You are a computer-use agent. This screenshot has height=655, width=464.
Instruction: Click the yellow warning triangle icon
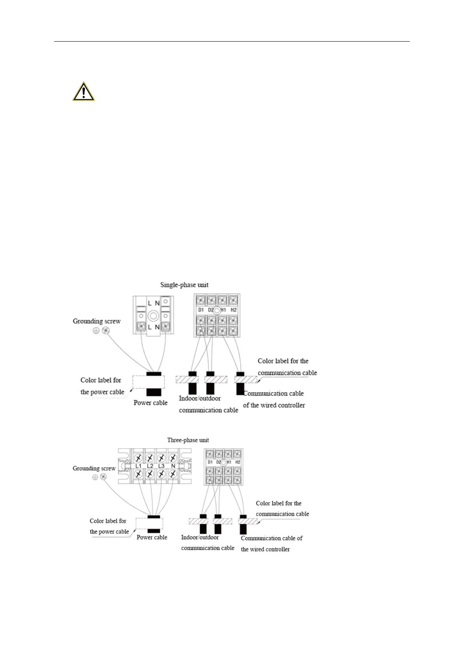click(83, 92)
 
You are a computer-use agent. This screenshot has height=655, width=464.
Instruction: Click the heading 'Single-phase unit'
click(184, 285)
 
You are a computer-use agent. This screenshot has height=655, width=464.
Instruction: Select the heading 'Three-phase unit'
click(188, 440)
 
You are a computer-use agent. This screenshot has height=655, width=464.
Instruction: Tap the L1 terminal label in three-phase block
click(138, 466)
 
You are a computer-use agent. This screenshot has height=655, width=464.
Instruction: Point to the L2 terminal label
click(150, 466)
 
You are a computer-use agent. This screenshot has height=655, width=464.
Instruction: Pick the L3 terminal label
click(161, 466)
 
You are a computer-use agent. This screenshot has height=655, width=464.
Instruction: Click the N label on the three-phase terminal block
click(173, 466)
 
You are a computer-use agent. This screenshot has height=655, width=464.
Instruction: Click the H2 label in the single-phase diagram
click(233, 310)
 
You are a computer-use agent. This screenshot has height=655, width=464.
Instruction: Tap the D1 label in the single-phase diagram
click(201, 310)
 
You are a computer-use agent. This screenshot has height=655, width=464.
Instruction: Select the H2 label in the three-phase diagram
click(238, 462)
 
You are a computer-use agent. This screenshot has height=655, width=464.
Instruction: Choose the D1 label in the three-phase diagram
click(210, 462)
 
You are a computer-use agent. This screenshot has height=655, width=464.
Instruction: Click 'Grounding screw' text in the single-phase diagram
click(97, 321)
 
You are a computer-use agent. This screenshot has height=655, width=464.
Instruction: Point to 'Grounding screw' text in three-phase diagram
click(94, 468)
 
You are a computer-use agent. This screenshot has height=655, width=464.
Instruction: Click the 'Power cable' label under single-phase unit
click(150, 403)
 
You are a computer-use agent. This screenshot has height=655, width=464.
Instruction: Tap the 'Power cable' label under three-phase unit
click(152, 538)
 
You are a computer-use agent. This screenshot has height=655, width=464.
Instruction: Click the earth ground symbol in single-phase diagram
click(95, 331)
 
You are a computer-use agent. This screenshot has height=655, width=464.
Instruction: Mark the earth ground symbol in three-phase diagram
click(95, 477)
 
